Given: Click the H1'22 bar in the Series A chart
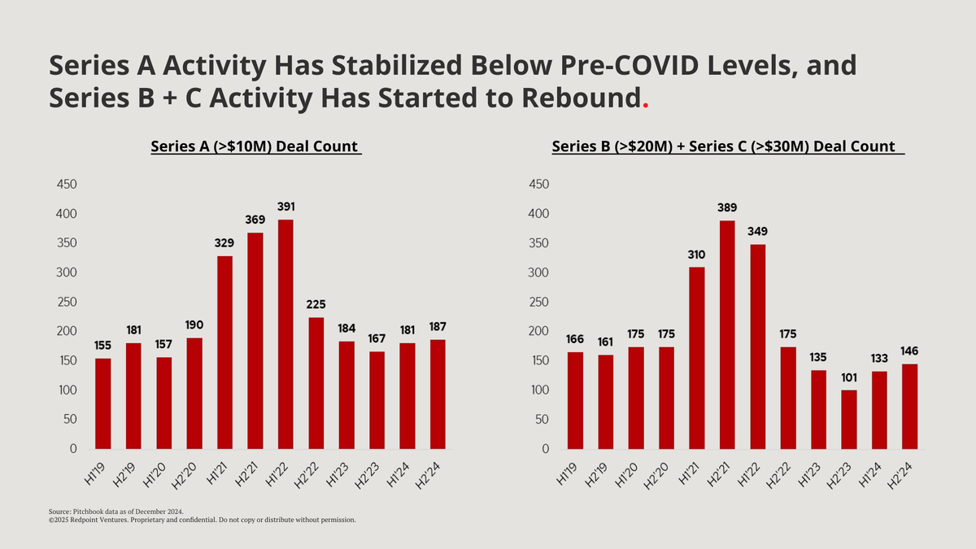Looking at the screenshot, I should click(286, 333).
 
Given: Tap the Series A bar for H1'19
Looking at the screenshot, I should click(103, 403).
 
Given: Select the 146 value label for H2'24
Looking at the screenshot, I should click(909, 351).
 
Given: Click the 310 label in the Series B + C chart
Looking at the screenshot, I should click(697, 255).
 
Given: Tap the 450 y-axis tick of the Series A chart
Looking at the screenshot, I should click(67, 185).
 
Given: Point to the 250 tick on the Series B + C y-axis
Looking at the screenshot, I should click(539, 303).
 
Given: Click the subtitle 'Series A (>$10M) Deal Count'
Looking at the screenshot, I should click(255, 147).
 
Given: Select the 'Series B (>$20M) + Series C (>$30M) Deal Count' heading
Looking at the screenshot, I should click(728, 147).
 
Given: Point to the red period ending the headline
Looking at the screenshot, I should click(646, 106).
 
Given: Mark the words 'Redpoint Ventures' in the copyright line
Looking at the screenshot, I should click(100, 519).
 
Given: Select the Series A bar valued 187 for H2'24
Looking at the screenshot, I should click(438, 394).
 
